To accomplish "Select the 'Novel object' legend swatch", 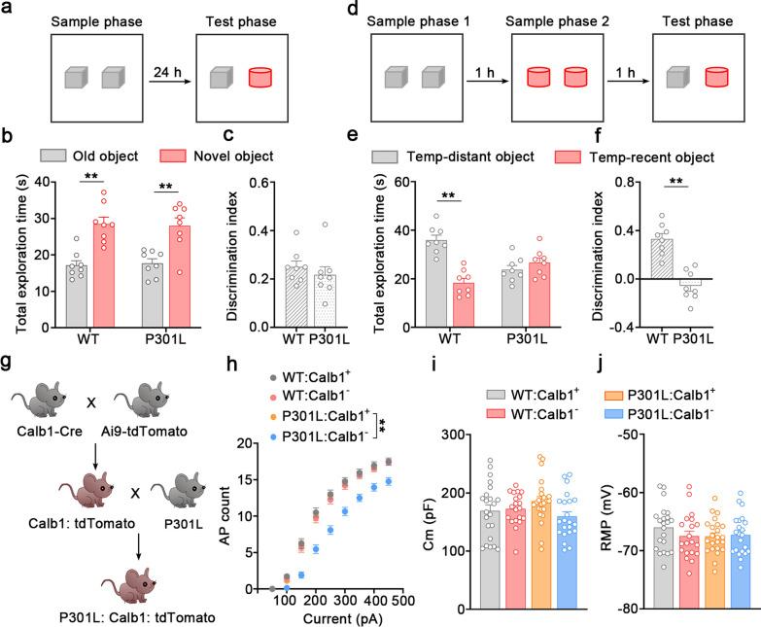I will click(x=154, y=155).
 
